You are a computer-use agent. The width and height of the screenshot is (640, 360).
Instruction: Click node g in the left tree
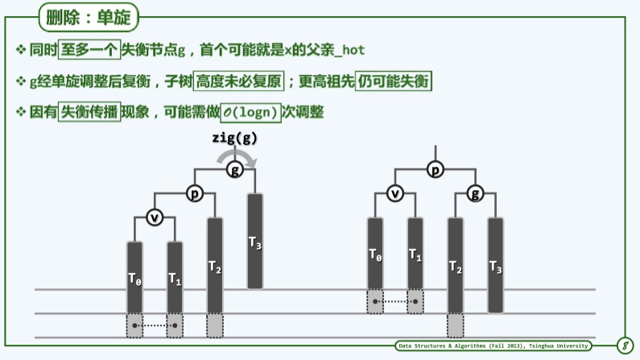(234, 170)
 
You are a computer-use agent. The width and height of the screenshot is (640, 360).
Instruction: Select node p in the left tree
(194, 193)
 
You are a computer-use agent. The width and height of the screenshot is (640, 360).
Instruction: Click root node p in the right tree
(436, 170)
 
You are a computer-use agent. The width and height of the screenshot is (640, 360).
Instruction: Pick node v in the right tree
(394, 193)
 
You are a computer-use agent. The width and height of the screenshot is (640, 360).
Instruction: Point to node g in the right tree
(476, 193)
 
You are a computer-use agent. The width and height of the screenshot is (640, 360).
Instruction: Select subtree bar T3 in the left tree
(254, 241)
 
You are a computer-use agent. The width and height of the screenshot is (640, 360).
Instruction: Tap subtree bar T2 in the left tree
(214, 265)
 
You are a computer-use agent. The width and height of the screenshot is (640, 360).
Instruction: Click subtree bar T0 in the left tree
(134, 278)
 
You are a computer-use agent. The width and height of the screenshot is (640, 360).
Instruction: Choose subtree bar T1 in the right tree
(415, 254)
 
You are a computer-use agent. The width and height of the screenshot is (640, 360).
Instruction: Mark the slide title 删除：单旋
(89, 16)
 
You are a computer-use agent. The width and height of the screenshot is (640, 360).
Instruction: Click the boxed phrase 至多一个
(90, 50)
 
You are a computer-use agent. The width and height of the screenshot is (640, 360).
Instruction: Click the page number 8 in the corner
(624, 346)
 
